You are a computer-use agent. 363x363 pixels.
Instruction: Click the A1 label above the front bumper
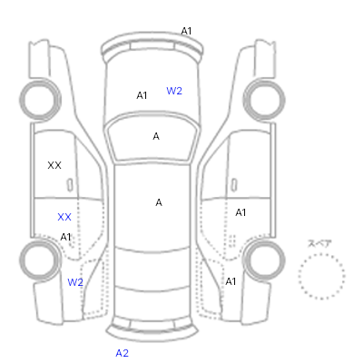(186, 31)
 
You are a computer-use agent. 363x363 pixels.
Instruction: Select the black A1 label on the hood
(142, 95)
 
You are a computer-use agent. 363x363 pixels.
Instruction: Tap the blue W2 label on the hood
(174, 91)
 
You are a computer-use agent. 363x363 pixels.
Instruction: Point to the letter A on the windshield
(156, 136)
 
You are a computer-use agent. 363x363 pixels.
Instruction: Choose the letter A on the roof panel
(159, 202)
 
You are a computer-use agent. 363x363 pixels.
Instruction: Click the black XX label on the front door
(54, 165)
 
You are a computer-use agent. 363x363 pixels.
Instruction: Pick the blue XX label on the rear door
(64, 217)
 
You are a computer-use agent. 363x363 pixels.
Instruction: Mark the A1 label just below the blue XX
(65, 237)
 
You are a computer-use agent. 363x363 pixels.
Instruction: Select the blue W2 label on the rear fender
(75, 282)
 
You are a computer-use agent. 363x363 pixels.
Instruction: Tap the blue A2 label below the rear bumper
(123, 353)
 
